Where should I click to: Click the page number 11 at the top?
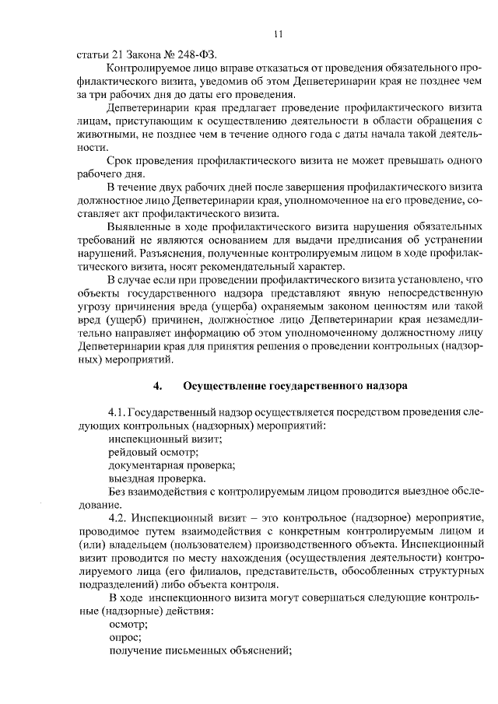point(279,34)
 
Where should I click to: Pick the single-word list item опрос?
point(125,637)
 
